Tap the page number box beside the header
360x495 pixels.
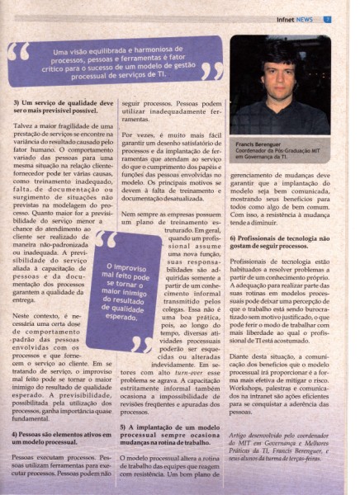349,19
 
